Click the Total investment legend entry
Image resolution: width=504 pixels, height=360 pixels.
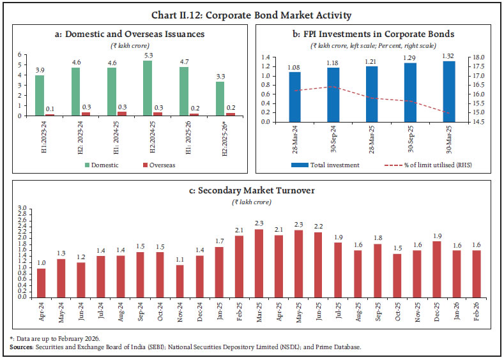pyautogui.click(x=326, y=165)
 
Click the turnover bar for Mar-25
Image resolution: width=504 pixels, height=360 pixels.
pyautogui.click(x=259, y=263)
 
